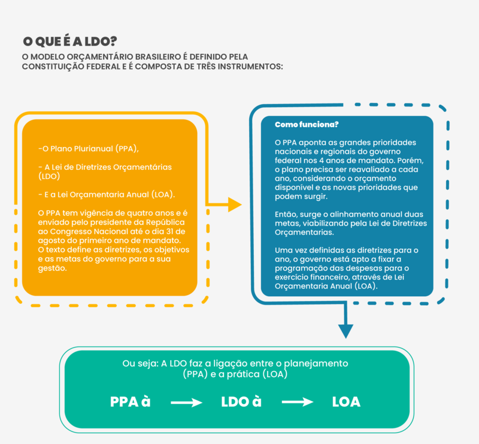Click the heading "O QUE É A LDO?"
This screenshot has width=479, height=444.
pyautogui.click(x=69, y=41)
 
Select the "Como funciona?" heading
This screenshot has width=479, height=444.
pyautogui.click(x=307, y=124)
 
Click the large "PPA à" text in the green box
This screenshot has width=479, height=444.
pyautogui.click(x=130, y=402)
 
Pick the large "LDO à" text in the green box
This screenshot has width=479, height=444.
pyautogui.click(x=241, y=402)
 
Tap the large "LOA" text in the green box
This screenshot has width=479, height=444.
pyautogui.click(x=346, y=402)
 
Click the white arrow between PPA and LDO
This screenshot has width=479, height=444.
pyautogui.click(x=186, y=403)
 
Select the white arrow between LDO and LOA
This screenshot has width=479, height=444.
pyautogui.click(x=298, y=403)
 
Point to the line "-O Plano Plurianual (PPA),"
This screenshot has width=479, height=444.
pyautogui.click(x=92, y=148)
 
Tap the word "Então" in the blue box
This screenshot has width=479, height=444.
pyautogui.click(x=286, y=214)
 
